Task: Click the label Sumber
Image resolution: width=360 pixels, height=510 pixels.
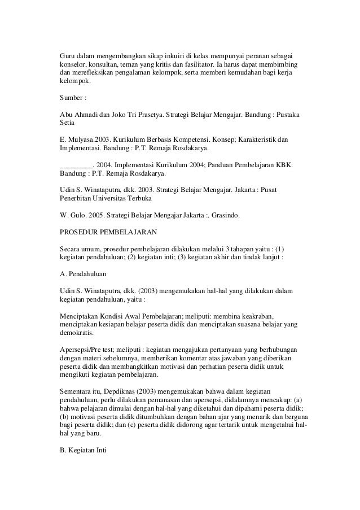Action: pyautogui.click(x=73, y=98)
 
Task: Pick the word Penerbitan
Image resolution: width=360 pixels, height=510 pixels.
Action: pyautogui.click(x=77, y=200)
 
